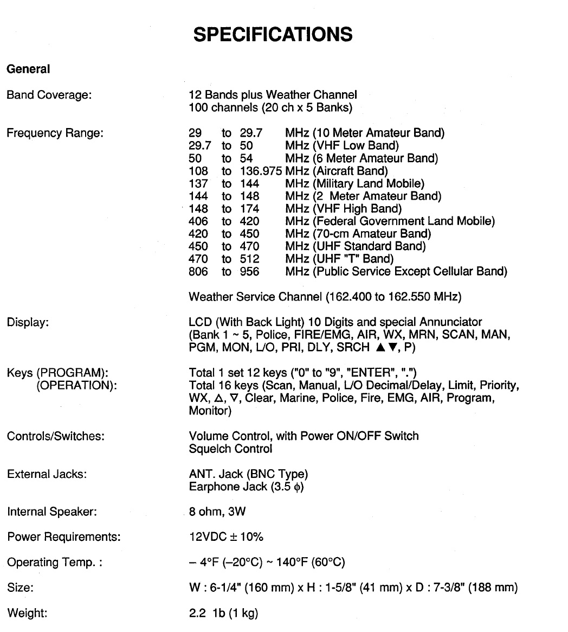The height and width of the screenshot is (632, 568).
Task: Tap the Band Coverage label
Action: pyautogui.click(x=49, y=95)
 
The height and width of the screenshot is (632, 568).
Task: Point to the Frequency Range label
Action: pyautogui.click(x=55, y=133)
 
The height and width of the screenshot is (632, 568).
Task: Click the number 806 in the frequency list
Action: pyautogui.click(x=198, y=271)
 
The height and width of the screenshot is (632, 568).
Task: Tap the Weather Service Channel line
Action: pyautogui.click(x=325, y=297)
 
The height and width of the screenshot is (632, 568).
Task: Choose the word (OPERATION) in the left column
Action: pyautogui.click(x=76, y=386)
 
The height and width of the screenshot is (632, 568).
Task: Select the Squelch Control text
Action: pyautogui.click(x=230, y=449)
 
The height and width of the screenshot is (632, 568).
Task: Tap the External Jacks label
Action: pyautogui.click(x=47, y=475)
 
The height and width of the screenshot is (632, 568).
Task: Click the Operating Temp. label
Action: pyautogui.click(x=55, y=563)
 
